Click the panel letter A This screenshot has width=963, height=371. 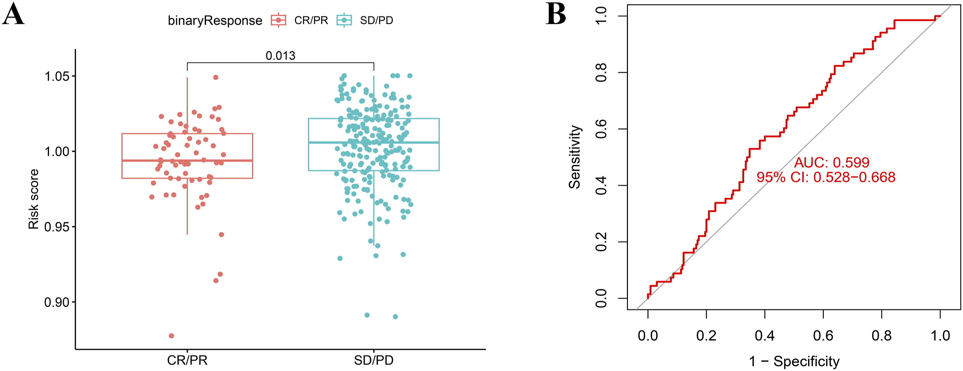click(x=13, y=15)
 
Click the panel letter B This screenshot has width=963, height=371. click(x=556, y=14)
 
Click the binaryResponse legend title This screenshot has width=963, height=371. click(x=215, y=21)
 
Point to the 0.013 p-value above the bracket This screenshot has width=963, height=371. click(x=280, y=56)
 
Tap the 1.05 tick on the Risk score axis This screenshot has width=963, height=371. click(x=57, y=76)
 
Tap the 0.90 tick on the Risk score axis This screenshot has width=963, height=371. click(x=57, y=302)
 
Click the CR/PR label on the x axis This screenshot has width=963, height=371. click(x=187, y=360)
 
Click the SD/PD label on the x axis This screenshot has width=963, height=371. click(x=374, y=360)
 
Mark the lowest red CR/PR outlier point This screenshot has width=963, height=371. click(x=171, y=336)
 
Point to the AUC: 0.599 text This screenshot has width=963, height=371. click(x=832, y=163)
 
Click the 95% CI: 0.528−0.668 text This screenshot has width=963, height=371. click(x=826, y=177)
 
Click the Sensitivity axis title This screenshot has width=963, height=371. click(x=574, y=157)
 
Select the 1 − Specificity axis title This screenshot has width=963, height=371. click(x=794, y=361)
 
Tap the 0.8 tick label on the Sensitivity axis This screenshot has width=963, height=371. click(x=601, y=72)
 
